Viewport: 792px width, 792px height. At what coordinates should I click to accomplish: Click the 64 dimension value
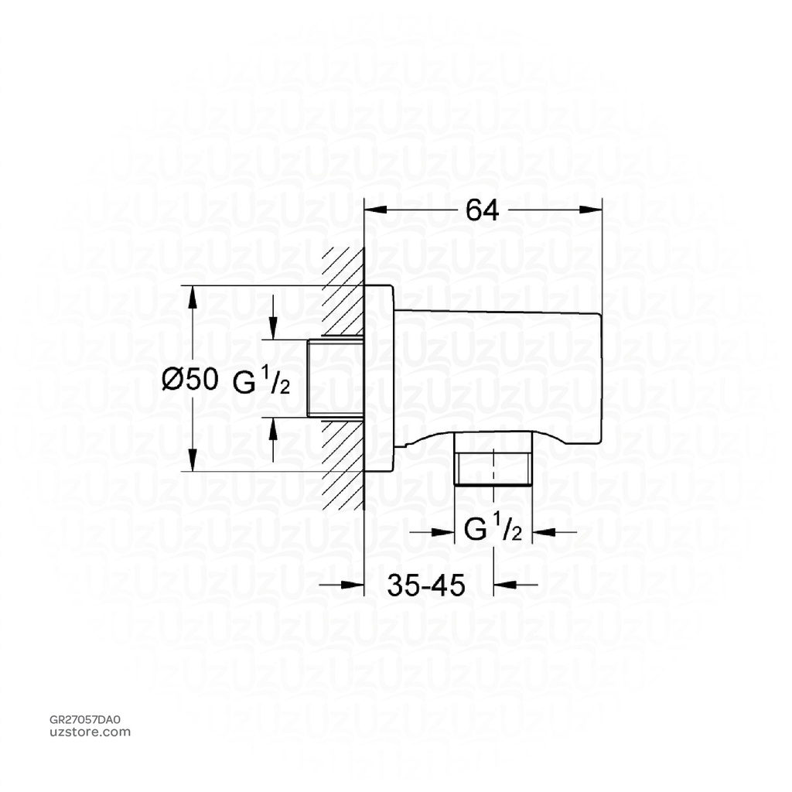[483, 210]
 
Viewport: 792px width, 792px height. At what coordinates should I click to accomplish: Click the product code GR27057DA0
[85, 720]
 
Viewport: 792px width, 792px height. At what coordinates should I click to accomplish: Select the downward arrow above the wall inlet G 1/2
[273, 329]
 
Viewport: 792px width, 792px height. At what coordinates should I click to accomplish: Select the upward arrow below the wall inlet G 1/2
[273, 428]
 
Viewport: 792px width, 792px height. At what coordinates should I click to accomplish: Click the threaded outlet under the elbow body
[494, 466]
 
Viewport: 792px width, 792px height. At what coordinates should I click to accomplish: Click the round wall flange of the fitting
[380, 378]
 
